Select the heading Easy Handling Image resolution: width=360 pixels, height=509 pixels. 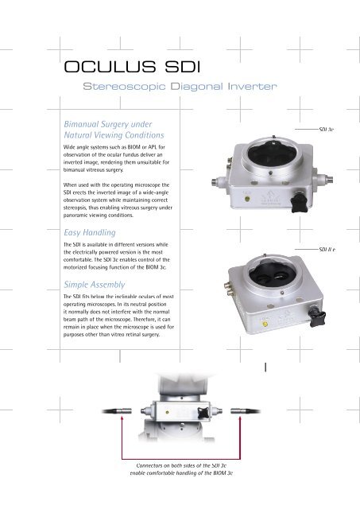(x=90, y=233)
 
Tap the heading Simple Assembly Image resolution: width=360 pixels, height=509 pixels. (x=95, y=285)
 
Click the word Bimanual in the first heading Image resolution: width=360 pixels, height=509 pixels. (x=81, y=124)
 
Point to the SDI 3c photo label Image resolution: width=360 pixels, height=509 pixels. (x=327, y=130)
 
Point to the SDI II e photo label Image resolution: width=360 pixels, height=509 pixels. (x=327, y=249)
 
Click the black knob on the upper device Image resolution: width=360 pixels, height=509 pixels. (x=299, y=204)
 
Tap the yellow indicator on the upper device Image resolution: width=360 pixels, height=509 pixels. (x=246, y=199)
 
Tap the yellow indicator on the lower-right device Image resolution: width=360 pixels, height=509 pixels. (x=265, y=324)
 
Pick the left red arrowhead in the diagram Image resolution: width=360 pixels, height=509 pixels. (x=122, y=419)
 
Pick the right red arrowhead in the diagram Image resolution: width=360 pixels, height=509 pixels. (x=240, y=419)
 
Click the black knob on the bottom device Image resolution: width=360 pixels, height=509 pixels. (x=203, y=412)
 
